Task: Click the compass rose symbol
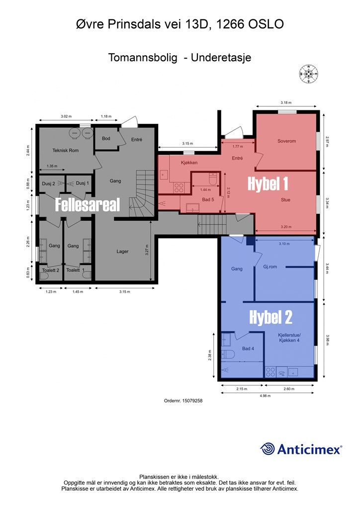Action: (x=308, y=74)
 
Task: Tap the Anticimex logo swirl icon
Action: (x=268, y=449)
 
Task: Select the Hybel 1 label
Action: (x=268, y=184)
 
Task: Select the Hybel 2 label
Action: (x=270, y=317)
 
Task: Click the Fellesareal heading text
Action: (x=88, y=205)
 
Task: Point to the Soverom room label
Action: (x=286, y=141)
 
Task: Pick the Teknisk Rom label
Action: (x=66, y=150)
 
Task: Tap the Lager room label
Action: (x=122, y=251)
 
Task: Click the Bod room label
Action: (x=106, y=138)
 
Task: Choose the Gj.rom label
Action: (x=270, y=266)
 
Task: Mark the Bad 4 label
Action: (x=248, y=348)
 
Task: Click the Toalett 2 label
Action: (x=51, y=270)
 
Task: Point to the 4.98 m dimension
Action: (x=265, y=396)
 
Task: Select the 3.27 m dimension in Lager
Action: (x=147, y=251)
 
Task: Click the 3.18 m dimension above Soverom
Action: (x=286, y=102)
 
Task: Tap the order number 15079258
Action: (x=183, y=401)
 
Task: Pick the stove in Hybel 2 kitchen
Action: (x=270, y=372)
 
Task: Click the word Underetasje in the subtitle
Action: (x=221, y=58)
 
